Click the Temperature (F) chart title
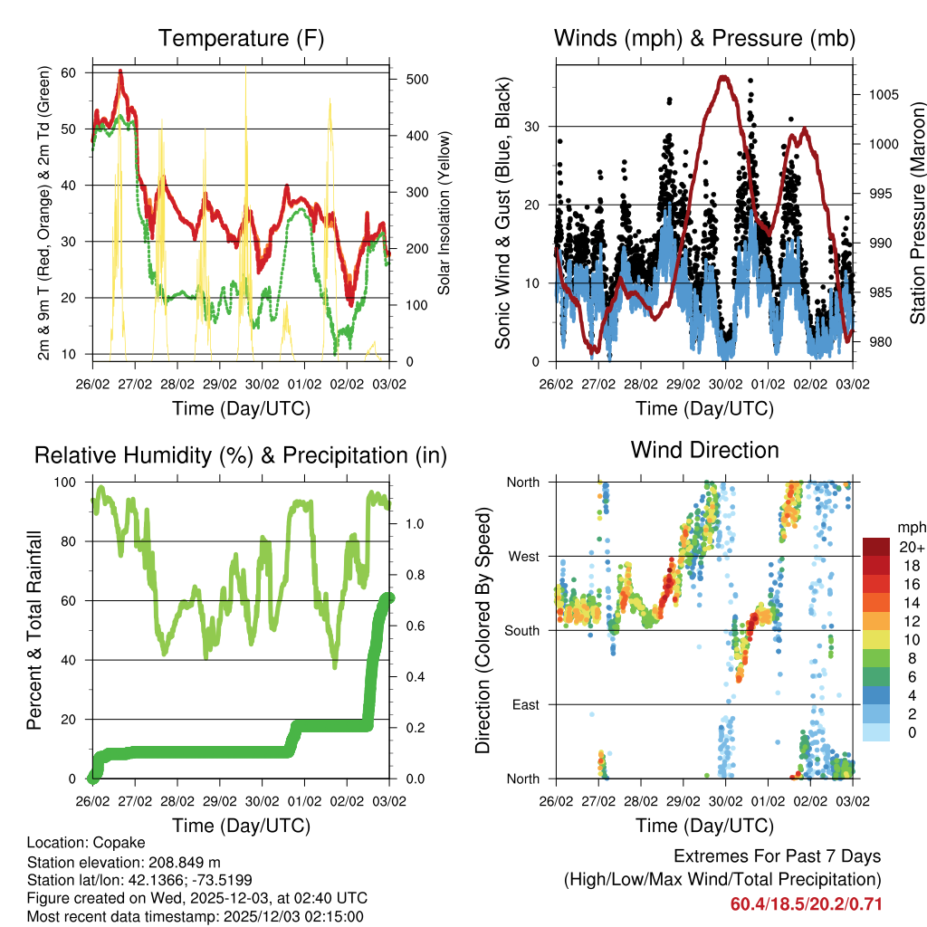click(x=241, y=38)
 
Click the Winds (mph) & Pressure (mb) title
click(x=704, y=38)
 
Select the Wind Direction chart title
click(x=704, y=449)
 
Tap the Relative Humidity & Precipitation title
click(x=241, y=455)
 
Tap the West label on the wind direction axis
click(x=523, y=556)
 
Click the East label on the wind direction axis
click(x=525, y=704)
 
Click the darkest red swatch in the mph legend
click(x=876, y=547)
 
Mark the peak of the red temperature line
click(x=120, y=71)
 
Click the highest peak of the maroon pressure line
click(x=723, y=77)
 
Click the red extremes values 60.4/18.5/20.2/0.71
click(x=806, y=904)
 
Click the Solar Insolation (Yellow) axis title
click(x=444, y=213)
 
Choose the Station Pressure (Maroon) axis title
click(x=917, y=213)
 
